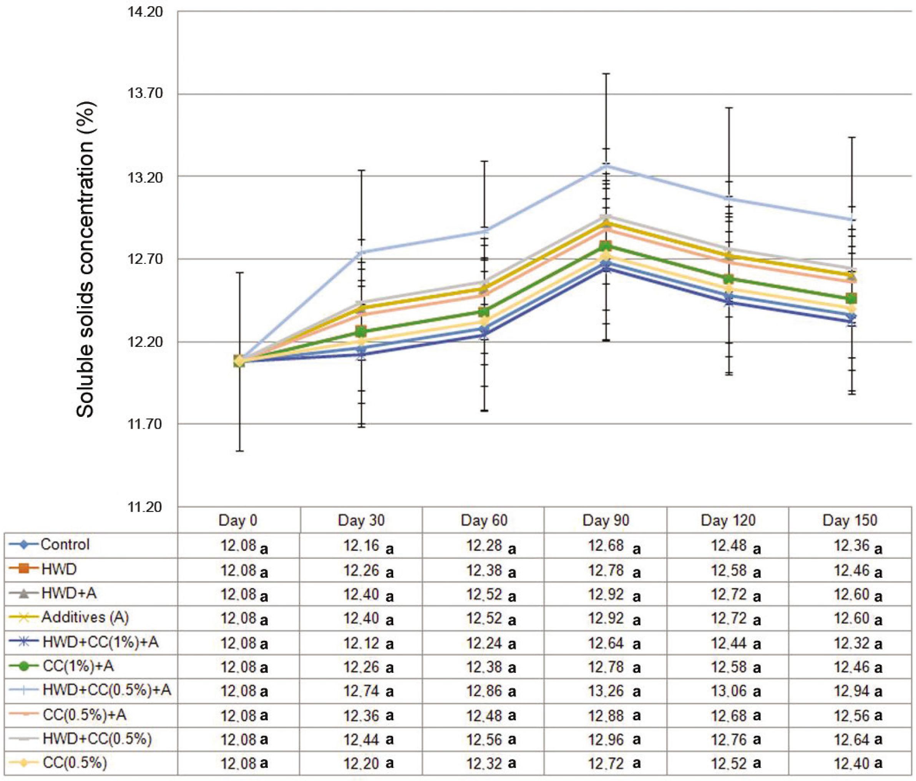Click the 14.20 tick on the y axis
tap(145, 12)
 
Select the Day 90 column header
tap(605, 520)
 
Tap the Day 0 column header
tap(238, 520)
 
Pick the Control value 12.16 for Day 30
tap(361, 546)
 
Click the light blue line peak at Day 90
tap(606, 166)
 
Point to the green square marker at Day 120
tap(728, 279)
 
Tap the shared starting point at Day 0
tap(239, 361)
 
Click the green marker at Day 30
tap(361, 332)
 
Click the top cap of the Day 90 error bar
tap(606, 74)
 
